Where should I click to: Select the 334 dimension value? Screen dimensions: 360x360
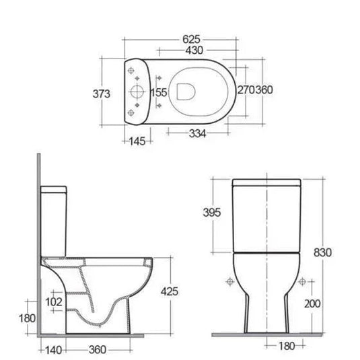coord(196,133)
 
